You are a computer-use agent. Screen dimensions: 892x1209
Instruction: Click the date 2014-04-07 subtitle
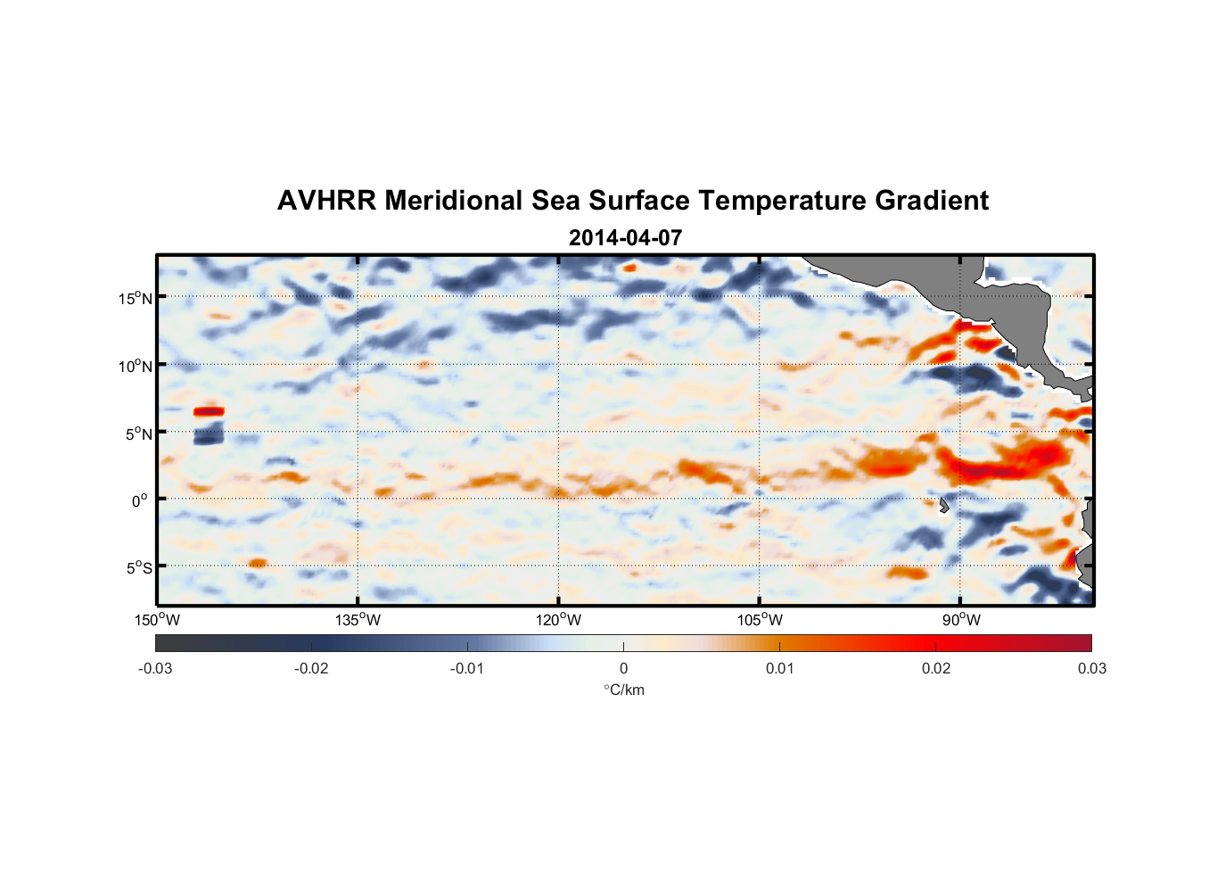625,238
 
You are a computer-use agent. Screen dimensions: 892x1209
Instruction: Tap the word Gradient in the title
931,201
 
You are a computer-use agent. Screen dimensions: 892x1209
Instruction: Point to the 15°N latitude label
136,298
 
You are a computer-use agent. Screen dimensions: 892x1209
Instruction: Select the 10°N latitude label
136,366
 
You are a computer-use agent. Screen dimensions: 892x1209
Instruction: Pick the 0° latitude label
140,500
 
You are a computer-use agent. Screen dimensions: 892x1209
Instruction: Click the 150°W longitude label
157,620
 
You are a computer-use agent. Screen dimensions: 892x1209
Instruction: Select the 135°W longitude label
358,620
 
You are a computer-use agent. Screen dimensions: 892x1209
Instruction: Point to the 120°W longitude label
558,620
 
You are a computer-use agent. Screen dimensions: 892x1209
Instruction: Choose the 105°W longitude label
760,620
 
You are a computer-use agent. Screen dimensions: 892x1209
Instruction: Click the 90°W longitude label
961,620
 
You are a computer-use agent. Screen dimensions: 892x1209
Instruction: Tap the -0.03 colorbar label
155,668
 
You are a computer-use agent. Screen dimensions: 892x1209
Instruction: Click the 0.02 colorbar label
936,668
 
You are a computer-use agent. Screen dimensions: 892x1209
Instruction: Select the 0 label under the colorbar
623,668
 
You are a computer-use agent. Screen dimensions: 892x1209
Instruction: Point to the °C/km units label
623,690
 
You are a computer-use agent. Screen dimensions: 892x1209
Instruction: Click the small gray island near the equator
943,505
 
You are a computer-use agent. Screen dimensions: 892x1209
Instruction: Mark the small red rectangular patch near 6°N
209,411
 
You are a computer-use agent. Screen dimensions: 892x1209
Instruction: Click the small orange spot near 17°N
629,267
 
